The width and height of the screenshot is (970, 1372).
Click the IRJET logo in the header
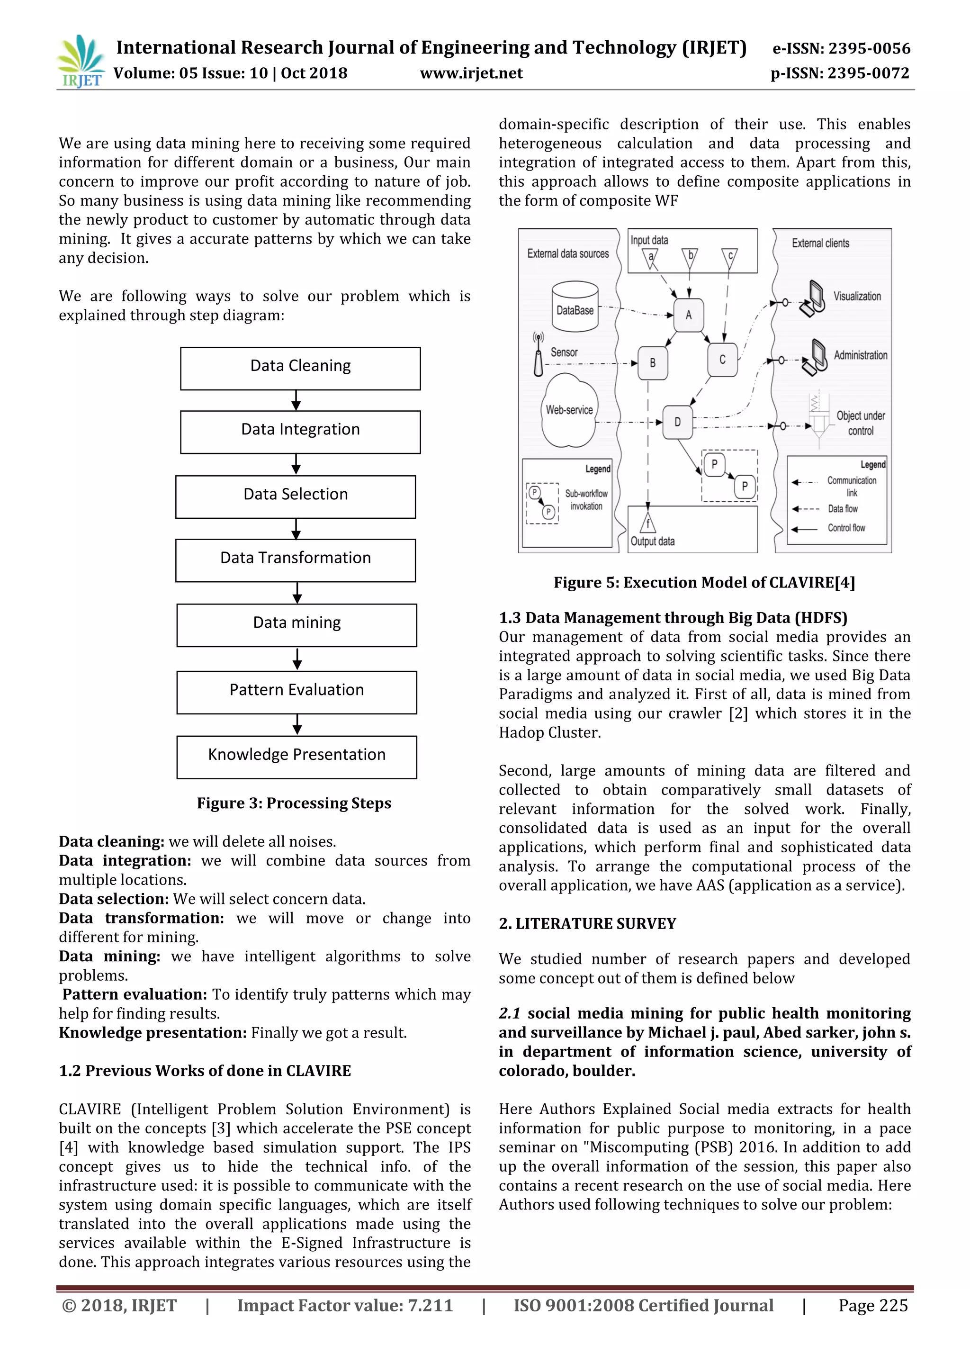[x=81, y=62]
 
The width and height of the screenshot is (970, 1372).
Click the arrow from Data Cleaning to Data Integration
[x=296, y=400]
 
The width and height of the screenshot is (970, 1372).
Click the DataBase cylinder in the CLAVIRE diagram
[x=575, y=307]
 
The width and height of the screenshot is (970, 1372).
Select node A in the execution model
[x=688, y=315]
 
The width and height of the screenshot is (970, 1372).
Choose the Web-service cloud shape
[x=569, y=411]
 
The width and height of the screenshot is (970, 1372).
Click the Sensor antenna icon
[x=538, y=355]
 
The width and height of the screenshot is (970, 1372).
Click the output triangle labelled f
[x=648, y=523]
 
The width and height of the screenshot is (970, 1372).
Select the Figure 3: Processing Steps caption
[x=294, y=803]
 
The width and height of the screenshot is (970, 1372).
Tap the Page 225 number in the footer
[x=872, y=1306]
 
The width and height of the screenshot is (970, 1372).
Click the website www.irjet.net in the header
[x=471, y=73]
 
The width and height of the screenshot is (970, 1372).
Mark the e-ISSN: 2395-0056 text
[x=841, y=48]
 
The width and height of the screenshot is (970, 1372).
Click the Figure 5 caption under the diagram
[x=704, y=583]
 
